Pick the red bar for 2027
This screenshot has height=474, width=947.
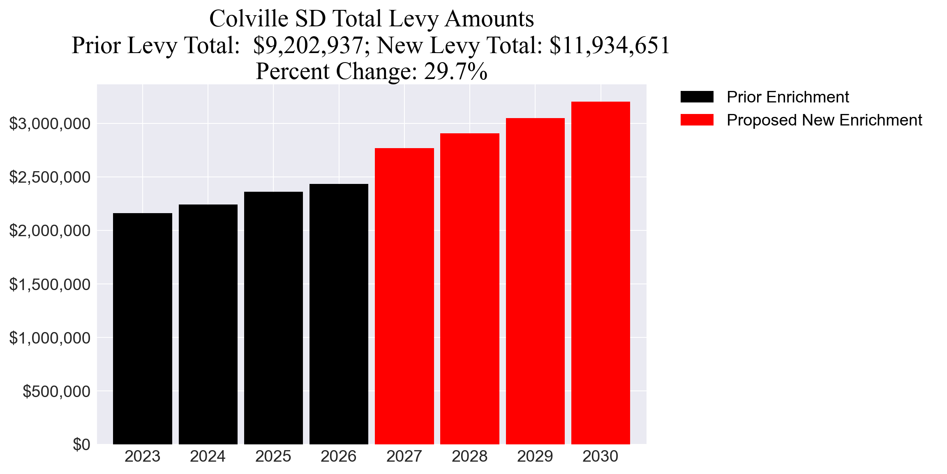pos(404,296)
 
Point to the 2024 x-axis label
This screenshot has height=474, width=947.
pos(208,456)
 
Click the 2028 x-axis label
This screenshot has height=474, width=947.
pos(469,456)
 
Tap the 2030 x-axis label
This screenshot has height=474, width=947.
pos(600,456)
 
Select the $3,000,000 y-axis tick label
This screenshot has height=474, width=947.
pos(50,123)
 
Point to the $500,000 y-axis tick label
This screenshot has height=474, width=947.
pos(56,391)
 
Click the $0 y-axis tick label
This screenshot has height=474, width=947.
pos(81,445)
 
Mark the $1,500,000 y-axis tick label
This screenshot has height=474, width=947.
pos(50,284)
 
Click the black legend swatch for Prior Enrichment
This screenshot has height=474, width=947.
pos(697,97)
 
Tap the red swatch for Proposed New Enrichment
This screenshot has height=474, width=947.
pos(697,120)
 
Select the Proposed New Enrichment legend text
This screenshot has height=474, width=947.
pos(824,120)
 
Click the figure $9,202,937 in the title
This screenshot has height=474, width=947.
pos(308,45)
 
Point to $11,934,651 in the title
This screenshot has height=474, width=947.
pos(610,45)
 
